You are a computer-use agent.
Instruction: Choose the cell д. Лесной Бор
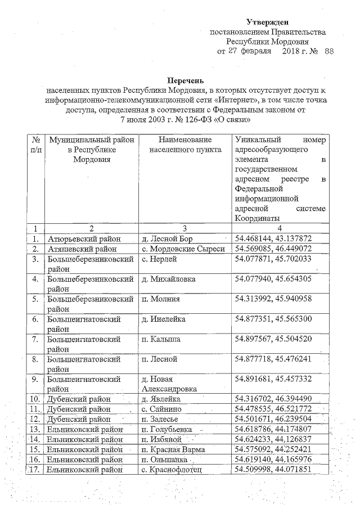tap(166, 238)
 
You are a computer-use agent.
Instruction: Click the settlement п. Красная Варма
tap(173, 449)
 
